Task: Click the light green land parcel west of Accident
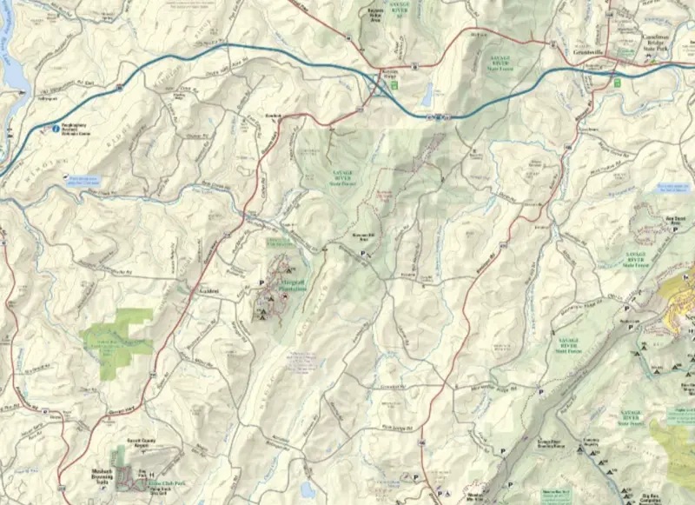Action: (115, 342)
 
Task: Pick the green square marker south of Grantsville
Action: (617, 83)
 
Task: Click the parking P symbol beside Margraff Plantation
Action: (261, 282)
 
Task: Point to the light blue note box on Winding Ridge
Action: (84, 183)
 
